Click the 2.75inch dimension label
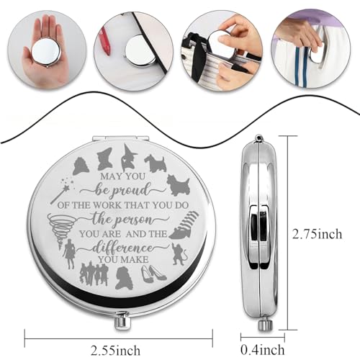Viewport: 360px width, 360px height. click(x=317, y=233)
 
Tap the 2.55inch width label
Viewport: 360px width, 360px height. click(x=115, y=351)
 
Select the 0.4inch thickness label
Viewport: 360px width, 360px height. click(x=263, y=350)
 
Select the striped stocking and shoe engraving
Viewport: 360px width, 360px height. click(x=184, y=225)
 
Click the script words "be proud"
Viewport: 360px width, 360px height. click(x=122, y=191)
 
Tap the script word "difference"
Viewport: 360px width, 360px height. click(x=123, y=248)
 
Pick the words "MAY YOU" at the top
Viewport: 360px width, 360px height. click(x=123, y=176)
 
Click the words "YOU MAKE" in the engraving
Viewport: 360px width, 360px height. click(x=123, y=259)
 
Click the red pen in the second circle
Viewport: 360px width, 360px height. click(x=105, y=41)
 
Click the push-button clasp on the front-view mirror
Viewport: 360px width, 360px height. click(x=122, y=320)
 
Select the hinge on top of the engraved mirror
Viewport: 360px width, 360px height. click(x=121, y=138)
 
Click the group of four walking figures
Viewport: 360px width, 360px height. click(x=94, y=274)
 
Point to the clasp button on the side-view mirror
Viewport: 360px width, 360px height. click(x=264, y=324)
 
